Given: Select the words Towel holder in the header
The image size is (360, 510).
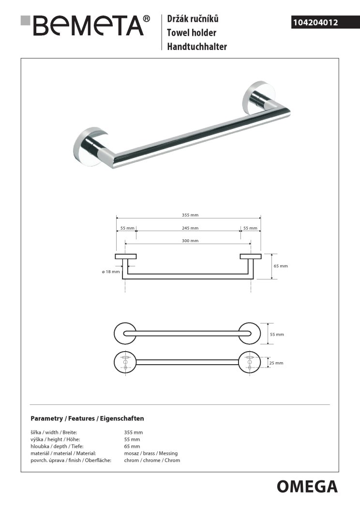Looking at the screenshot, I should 192,33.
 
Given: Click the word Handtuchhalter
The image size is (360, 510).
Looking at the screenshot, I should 197,46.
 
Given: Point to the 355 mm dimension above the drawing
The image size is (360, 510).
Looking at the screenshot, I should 189,215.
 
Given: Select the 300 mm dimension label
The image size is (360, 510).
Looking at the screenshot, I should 189,241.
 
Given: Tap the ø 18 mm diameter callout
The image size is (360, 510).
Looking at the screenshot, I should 111,272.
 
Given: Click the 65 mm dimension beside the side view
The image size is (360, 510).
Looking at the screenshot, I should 281,266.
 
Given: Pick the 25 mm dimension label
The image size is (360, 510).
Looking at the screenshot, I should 276,363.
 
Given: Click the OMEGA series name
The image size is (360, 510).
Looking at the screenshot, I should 307,486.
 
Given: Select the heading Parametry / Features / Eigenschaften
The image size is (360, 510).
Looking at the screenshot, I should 87,418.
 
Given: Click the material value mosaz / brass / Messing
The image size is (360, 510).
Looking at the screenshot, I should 151,453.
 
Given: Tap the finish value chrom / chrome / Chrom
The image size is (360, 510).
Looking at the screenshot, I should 152,460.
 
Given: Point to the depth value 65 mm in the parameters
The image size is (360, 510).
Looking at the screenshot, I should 132,446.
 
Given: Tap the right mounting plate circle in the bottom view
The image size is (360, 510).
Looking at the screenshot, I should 250,362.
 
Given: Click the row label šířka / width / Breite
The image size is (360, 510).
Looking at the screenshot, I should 53,433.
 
